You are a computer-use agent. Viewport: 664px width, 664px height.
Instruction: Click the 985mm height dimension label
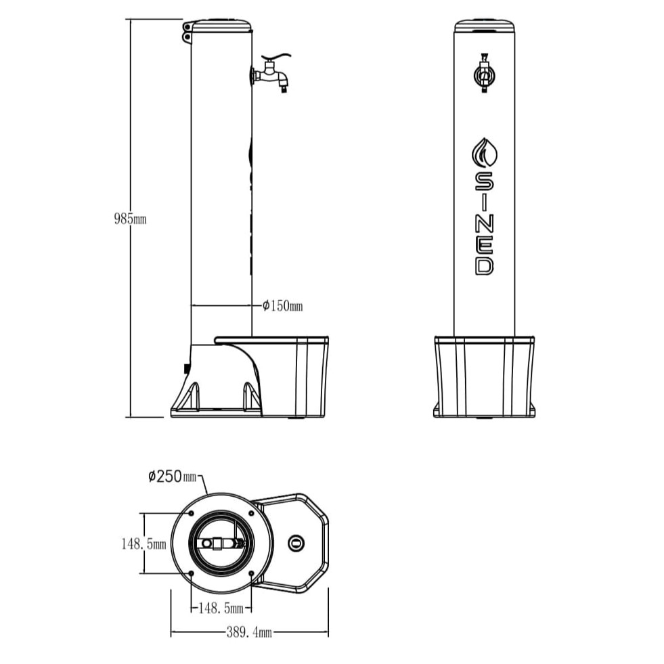(x=129, y=219)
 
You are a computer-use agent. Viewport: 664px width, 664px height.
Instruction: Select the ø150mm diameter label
(x=282, y=306)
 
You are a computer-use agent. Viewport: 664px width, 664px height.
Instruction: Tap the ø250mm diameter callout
(x=172, y=476)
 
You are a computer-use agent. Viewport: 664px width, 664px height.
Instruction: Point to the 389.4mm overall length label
(x=248, y=632)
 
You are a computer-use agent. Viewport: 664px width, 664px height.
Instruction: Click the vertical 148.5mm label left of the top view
(x=143, y=544)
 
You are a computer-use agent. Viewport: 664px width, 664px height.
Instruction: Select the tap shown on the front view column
(x=484, y=74)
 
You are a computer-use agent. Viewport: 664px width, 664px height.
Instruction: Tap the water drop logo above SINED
(x=484, y=153)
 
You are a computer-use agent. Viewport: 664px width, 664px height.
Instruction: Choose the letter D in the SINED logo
(x=484, y=264)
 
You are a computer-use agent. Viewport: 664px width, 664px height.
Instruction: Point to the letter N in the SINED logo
(x=484, y=222)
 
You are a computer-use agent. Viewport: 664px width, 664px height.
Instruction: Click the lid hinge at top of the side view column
(x=186, y=32)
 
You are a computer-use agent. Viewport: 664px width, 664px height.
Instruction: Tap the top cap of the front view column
(x=484, y=26)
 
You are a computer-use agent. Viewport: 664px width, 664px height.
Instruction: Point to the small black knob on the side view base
(x=186, y=368)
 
